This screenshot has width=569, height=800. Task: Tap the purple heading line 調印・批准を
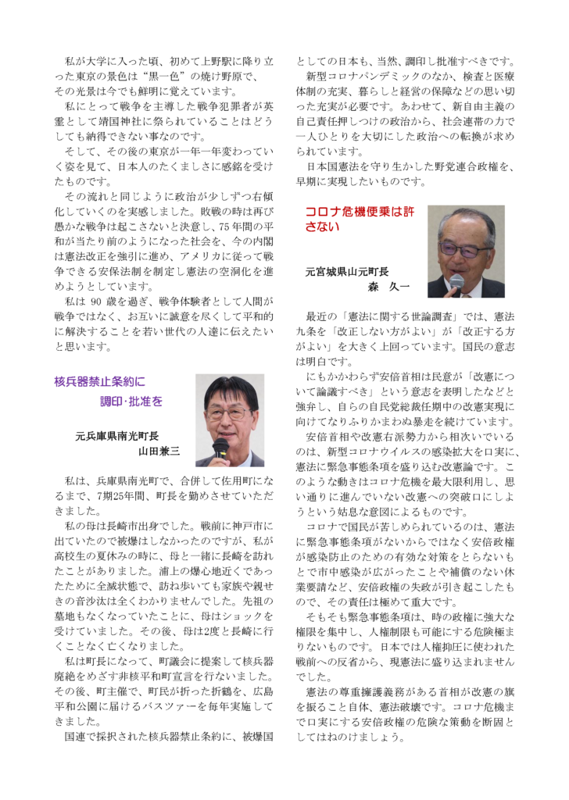point(131,402)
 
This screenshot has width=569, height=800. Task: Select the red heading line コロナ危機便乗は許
point(360,212)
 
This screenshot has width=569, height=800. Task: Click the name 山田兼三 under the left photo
point(159,451)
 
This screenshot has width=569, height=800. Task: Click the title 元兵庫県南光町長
point(117,436)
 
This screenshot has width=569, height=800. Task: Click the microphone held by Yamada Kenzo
point(220,447)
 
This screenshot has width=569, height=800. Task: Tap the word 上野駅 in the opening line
point(212,61)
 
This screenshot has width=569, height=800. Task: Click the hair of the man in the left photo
point(230,388)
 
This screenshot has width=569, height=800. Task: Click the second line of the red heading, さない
point(322,227)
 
